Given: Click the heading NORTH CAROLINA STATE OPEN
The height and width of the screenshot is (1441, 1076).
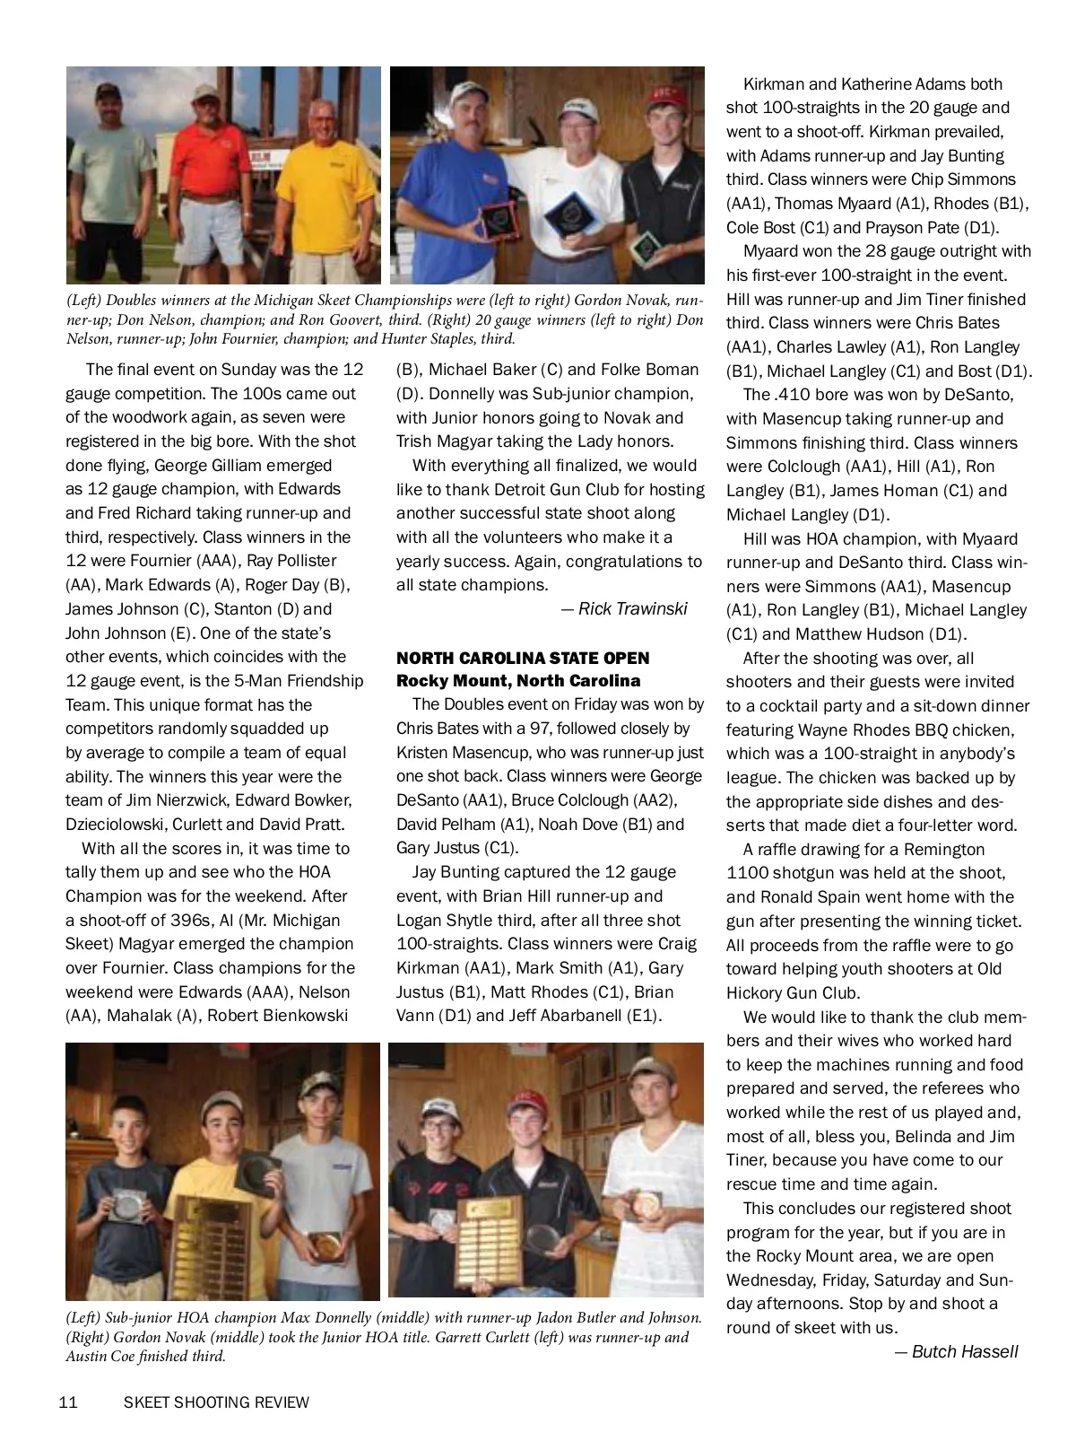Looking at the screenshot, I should pos(523,658).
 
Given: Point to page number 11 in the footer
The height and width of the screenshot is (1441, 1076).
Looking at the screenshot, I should pos(68,1402).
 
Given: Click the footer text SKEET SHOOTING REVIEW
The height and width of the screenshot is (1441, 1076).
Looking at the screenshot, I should pos(216,1402).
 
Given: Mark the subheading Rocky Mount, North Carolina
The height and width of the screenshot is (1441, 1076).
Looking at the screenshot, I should pos(518,680).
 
